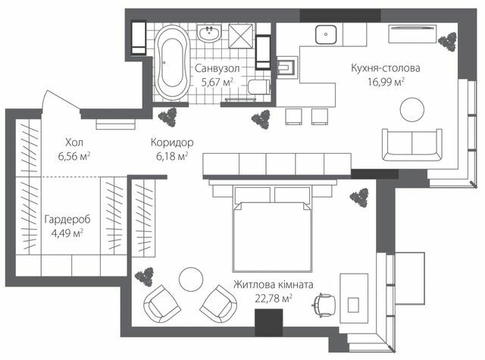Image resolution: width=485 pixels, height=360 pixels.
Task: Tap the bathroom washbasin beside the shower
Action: click(x=207, y=33)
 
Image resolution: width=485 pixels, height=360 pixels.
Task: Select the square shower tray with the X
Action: click(x=242, y=36)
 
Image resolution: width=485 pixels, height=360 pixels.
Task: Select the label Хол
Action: click(x=74, y=142)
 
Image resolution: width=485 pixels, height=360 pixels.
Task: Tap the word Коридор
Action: click(x=171, y=142)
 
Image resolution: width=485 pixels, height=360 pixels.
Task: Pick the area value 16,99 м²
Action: click(x=385, y=82)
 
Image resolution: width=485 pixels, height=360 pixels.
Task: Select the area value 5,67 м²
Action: click(x=215, y=83)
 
